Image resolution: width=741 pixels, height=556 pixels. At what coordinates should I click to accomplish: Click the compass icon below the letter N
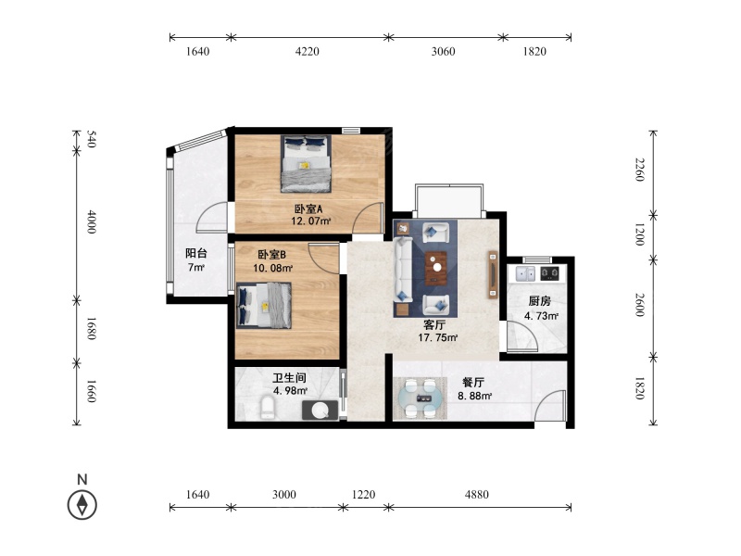coord(82,504)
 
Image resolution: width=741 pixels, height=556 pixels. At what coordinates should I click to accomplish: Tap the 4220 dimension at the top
coord(308,51)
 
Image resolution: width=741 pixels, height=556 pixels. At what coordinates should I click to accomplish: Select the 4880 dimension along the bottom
coord(476,495)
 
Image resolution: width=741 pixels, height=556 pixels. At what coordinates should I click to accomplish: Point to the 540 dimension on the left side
coord(92,139)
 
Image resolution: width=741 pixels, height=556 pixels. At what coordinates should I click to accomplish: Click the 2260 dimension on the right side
coord(639,170)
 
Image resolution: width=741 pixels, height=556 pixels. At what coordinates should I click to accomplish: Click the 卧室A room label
coord(308,209)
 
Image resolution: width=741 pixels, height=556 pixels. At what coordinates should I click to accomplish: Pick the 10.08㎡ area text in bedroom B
coord(272,268)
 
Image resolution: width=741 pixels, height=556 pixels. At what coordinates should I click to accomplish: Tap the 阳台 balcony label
coord(196,253)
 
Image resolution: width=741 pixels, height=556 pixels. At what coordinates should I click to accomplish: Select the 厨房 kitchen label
coord(540,301)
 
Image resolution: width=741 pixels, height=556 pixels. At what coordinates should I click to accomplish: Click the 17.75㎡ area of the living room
coord(437,337)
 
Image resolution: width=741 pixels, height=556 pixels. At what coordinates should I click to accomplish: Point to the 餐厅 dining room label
coord(473,383)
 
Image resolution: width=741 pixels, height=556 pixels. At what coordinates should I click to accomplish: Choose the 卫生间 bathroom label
coord(289,378)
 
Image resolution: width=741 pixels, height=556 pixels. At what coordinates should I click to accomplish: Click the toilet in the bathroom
coord(268,408)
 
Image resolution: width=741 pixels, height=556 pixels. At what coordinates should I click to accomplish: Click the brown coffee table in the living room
coord(436,268)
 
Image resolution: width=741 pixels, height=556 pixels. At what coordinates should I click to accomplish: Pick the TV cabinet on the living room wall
coord(493,274)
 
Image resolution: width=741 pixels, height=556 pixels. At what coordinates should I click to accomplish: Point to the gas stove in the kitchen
coord(549,272)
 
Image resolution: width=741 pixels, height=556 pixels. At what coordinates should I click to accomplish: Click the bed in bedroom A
coord(306,164)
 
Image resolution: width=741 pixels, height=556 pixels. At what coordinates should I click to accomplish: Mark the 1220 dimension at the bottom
coord(364,495)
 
